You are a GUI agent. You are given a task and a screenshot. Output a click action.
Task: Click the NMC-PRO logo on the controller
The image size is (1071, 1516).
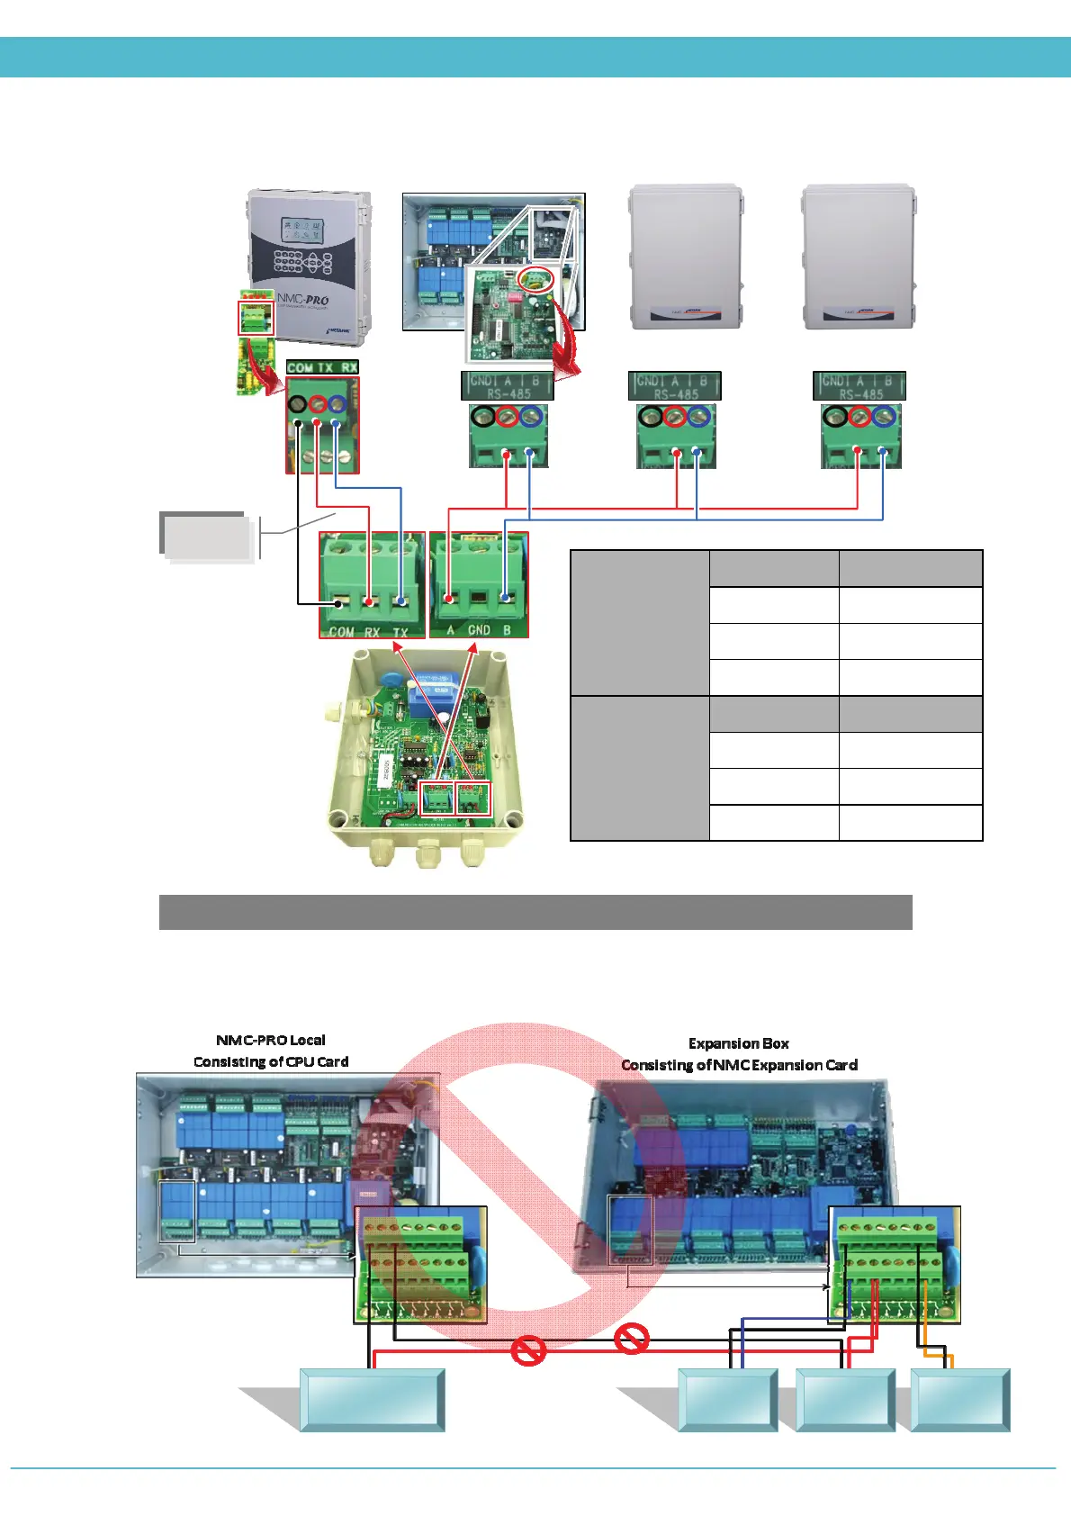tap(302, 299)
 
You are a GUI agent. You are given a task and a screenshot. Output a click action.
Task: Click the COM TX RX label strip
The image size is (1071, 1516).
tap(322, 367)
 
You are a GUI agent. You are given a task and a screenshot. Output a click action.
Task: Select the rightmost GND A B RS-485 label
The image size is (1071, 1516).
tap(859, 386)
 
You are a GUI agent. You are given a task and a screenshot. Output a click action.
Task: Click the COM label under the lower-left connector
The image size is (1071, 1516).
tap(341, 631)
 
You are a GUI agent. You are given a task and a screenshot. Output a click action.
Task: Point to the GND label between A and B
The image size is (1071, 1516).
tap(479, 630)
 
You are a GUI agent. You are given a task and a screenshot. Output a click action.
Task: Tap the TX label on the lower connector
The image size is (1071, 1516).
tap(400, 631)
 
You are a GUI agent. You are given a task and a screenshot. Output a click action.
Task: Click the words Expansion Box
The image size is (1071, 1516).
tap(738, 1043)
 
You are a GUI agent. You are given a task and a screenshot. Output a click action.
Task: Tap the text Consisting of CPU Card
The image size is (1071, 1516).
tap(271, 1061)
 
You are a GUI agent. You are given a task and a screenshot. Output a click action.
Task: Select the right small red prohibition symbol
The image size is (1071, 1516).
tap(632, 1339)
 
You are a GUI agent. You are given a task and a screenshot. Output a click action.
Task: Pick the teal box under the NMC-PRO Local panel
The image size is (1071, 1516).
tap(372, 1400)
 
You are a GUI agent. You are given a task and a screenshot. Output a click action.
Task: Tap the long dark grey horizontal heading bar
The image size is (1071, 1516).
tap(535, 912)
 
